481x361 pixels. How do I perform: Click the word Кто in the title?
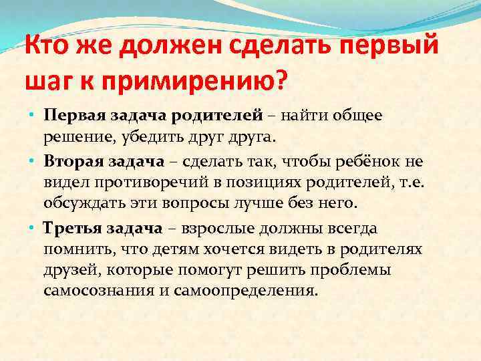point(48,49)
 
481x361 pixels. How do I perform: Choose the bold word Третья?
point(71,229)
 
